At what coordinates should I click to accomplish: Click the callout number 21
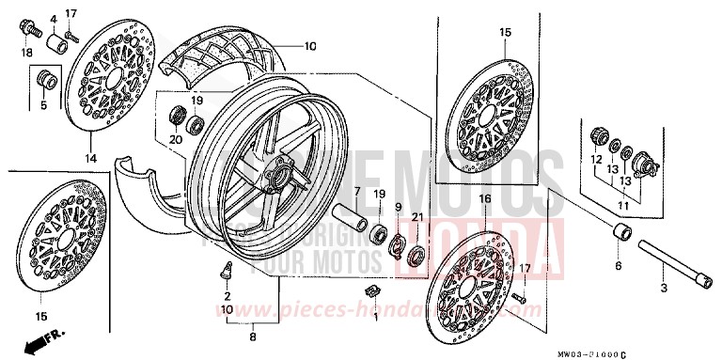point(419,219)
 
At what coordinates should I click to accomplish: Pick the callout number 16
point(485,199)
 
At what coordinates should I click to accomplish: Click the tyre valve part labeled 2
point(226,273)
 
